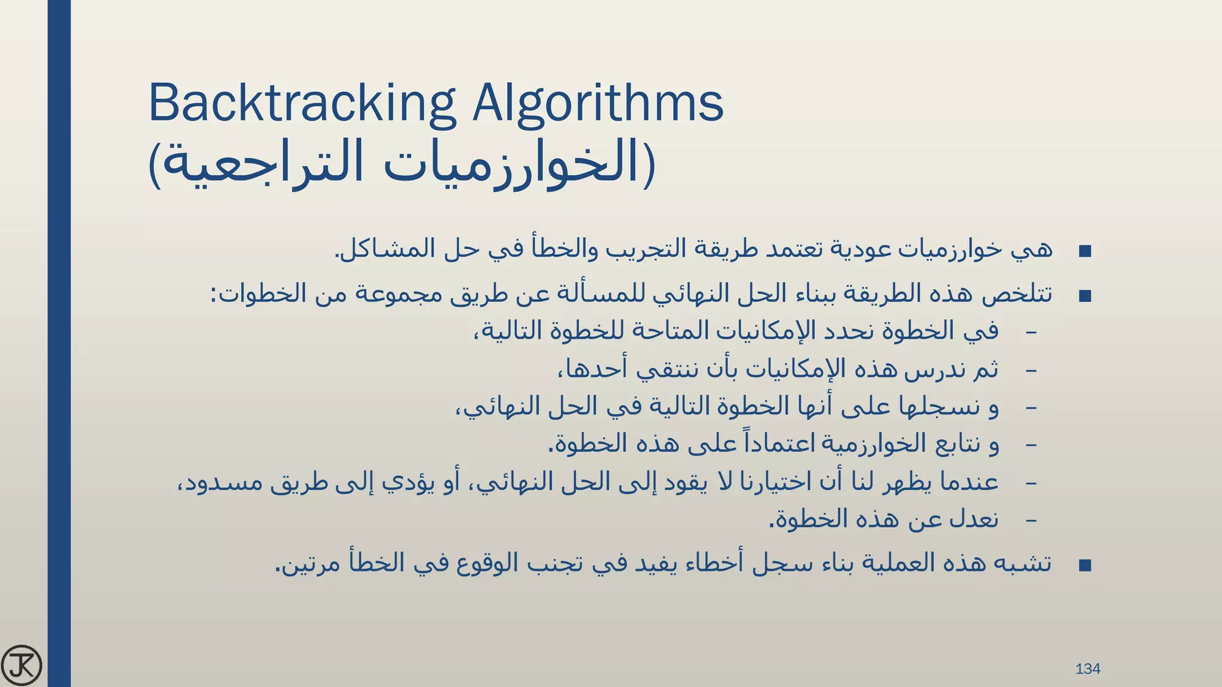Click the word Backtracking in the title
302,104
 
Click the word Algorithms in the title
598,104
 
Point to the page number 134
1087,669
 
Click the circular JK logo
21,665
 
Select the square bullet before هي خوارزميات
1085,251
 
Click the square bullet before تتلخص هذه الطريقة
1085,296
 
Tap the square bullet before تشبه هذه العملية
1085,565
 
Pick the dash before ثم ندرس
1030,371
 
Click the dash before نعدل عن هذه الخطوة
1030,521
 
